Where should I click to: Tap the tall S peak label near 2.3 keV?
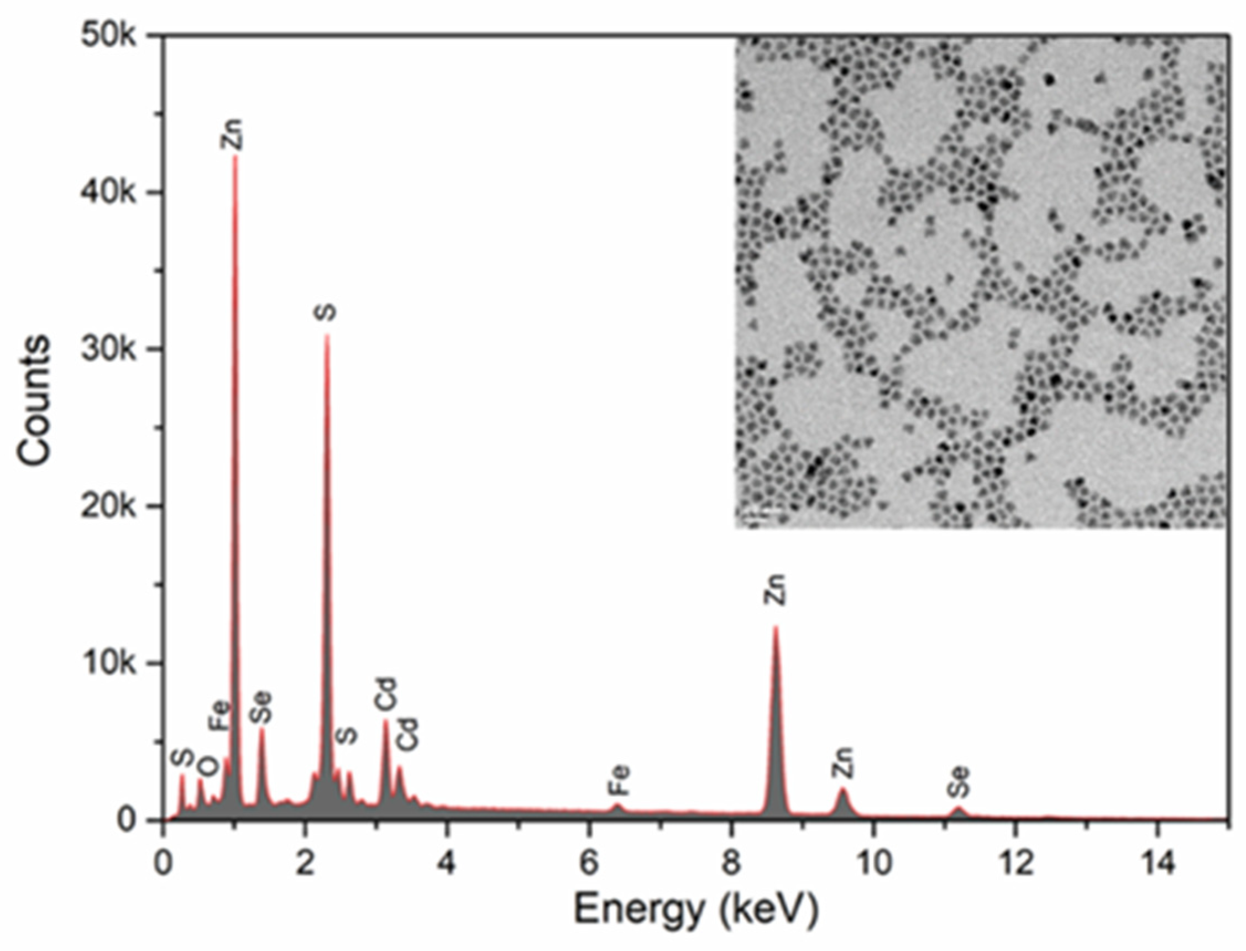tap(327, 313)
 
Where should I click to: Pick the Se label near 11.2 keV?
tap(959, 782)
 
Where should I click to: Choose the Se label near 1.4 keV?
tap(262, 708)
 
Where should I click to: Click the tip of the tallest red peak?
tap(235, 156)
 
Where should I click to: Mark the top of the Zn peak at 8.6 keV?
tap(775, 626)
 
